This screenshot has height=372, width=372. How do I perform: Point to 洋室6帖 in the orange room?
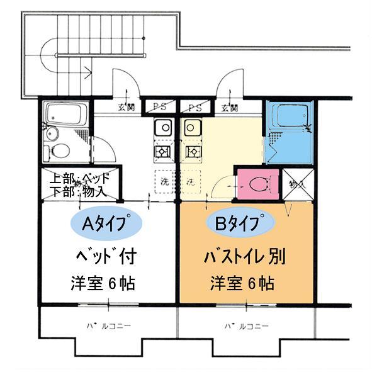point(242,283)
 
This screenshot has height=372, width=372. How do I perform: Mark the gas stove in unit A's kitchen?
point(162,152)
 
